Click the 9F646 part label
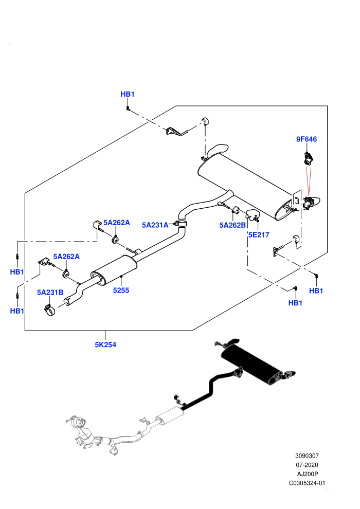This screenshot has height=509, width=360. click(x=306, y=139)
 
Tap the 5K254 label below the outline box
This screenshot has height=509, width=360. click(x=105, y=345)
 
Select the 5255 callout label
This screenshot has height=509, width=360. click(x=121, y=290)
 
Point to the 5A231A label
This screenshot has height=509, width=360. click(x=155, y=225)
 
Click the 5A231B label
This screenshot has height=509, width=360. click(x=50, y=293)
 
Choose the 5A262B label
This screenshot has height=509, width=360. click(x=232, y=225)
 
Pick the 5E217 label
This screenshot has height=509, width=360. click(x=259, y=234)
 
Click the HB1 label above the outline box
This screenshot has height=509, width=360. click(x=127, y=94)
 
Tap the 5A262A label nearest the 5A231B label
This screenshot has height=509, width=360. click(x=66, y=257)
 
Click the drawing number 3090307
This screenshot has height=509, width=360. click(x=307, y=456)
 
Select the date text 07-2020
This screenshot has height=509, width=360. click(x=307, y=465)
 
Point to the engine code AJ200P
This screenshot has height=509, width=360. click(x=307, y=474)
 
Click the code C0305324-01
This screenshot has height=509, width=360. click(x=307, y=483)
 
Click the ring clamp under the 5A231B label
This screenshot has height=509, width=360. click(x=50, y=311)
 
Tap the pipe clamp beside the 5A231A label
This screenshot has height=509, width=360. click(x=182, y=224)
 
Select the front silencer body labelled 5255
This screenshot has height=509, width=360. click(x=114, y=270)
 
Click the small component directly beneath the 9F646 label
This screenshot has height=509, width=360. click(x=308, y=159)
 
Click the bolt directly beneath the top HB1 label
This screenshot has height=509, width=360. click(x=128, y=108)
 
